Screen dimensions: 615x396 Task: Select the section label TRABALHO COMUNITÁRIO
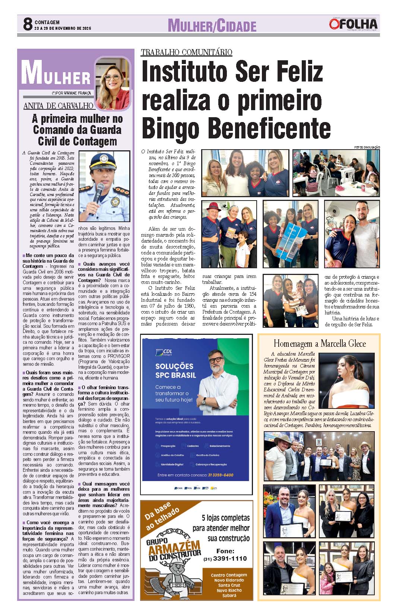point(186,52)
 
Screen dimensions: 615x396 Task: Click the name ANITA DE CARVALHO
point(58,106)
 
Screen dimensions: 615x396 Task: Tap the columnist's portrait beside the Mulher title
point(113,82)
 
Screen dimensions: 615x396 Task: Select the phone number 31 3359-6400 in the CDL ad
point(221,475)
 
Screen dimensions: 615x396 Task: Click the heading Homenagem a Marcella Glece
point(320,343)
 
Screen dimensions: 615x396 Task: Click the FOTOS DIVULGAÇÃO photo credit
point(367,147)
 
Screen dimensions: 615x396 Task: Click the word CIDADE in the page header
point(236,26)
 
